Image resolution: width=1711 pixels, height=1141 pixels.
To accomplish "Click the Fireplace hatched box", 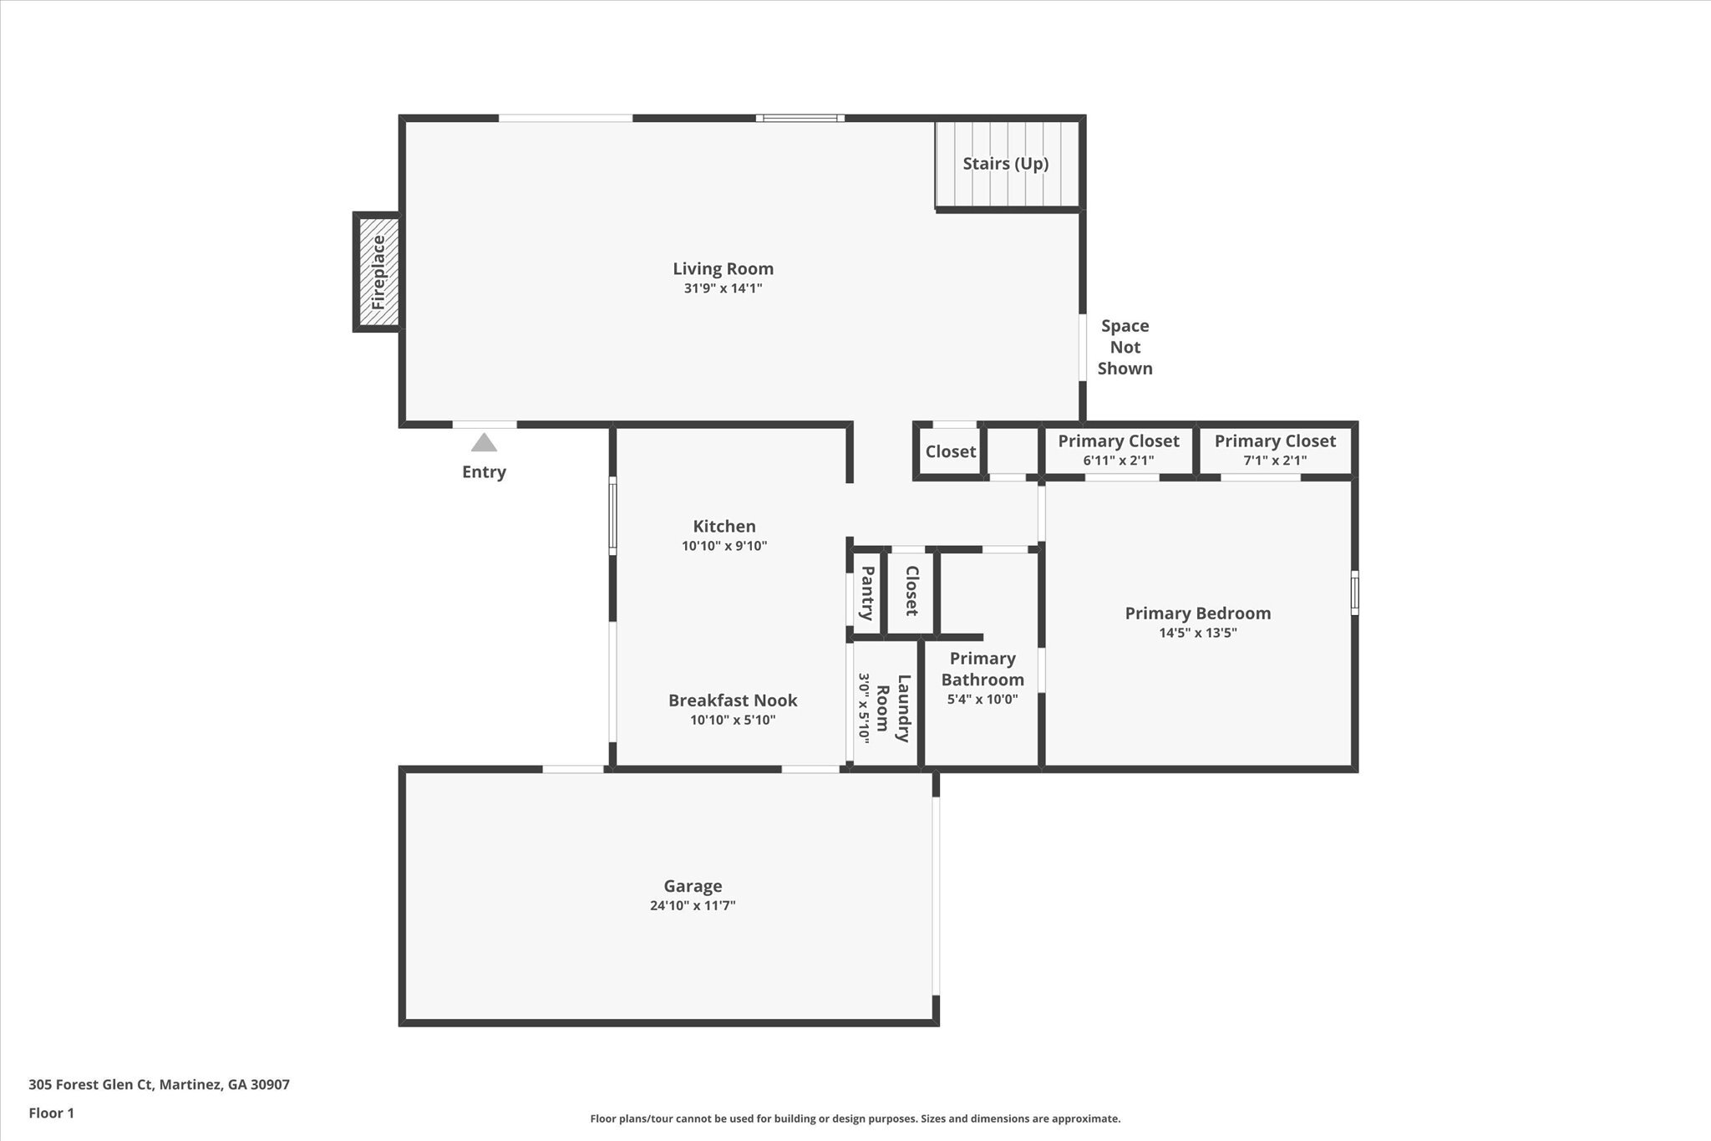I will click(x=378, y=273).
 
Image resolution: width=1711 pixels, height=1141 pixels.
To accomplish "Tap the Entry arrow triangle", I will click(x=484, y=442).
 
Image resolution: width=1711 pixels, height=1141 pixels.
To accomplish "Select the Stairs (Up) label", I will click(x=1005, y=164).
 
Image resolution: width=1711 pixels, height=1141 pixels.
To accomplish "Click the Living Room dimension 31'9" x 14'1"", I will click(x=723, y=288).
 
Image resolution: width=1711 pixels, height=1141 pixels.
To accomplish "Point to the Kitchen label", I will click(x=723, y=526).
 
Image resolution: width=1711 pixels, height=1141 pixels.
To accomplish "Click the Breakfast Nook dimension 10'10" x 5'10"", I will click(x=733, y=720).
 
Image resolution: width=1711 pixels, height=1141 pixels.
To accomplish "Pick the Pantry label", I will click(x=867, y=593).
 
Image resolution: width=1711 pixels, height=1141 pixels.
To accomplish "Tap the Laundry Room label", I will click(x=893, y=708).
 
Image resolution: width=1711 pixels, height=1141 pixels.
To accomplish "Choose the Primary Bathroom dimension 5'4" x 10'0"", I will click(x=982, y=699).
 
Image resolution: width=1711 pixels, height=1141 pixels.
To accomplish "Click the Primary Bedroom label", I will click(x=1197, y=613).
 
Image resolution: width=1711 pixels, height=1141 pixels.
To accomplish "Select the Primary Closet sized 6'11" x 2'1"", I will click(x=1118, y=450).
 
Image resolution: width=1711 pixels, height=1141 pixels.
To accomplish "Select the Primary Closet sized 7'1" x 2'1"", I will click(x=1274, y=450).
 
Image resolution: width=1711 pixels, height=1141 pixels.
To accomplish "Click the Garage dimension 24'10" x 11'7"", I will click(x=692, y=905).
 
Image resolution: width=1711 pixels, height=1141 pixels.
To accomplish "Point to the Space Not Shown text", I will click(x=1125, y=347).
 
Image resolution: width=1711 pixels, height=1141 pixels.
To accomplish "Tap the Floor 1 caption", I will click(x=51, y=1113).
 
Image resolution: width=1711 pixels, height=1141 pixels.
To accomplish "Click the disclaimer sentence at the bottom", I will click(x=855, y=1118).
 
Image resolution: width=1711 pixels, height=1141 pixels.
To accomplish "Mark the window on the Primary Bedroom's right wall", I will click(x=1354, y=593).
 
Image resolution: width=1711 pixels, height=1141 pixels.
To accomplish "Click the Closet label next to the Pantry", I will click(x=911, y=590).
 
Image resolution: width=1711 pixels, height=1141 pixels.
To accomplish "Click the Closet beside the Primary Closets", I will click(x=950, y=451).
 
